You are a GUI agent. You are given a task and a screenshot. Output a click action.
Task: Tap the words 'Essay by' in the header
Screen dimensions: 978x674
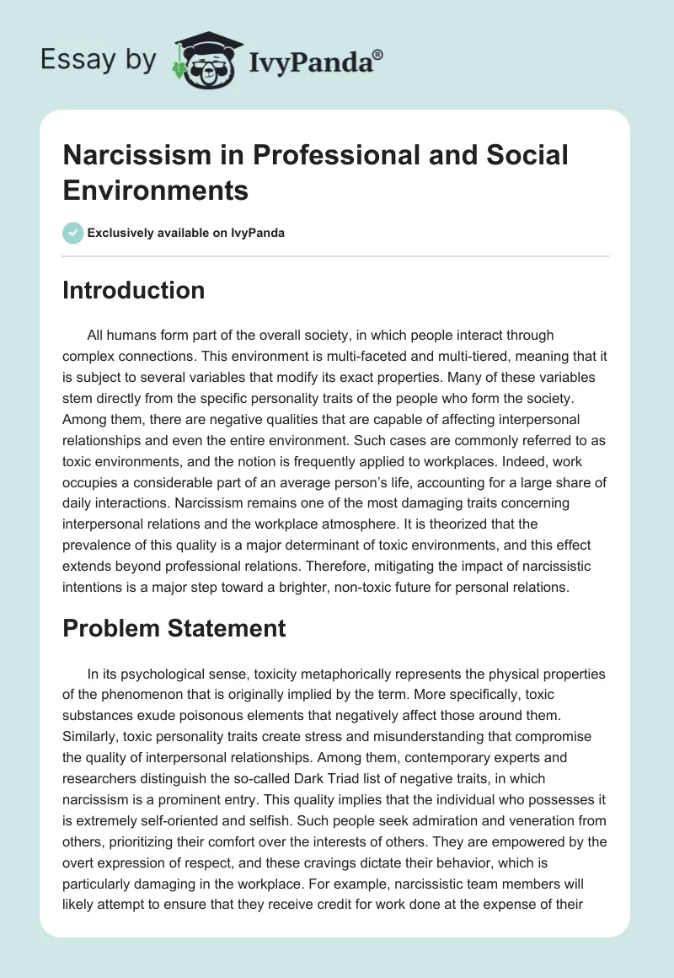click(99, 59)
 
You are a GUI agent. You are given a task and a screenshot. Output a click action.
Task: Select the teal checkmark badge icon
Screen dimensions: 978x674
click(72, 233)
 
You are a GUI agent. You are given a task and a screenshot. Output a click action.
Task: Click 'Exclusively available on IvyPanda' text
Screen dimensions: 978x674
click(186, 234)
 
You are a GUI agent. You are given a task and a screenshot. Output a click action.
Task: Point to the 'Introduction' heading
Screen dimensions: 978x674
click(133, 290)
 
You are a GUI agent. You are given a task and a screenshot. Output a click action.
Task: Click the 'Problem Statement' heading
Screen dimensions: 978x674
click(174, 627)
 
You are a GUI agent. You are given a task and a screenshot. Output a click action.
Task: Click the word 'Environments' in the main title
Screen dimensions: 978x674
click(155, 191)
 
